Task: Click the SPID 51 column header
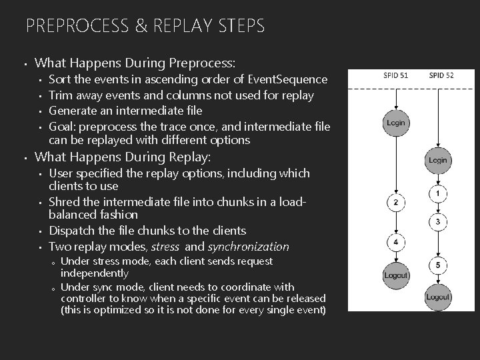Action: tap(396, 75)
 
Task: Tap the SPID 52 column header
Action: tap(441, 75)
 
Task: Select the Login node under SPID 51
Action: tap(396, 123)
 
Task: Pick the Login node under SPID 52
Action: tap(438, 161)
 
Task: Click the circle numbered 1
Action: tap(437, 194)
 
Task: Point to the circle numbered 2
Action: tap(396, 203)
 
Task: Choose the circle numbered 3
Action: tap(437, 221)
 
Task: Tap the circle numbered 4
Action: tap(396, 241)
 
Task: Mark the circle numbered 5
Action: tap(437, 266)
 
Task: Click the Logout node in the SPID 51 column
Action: tap(396, 275)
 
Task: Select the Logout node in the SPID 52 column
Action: tap(437, 297)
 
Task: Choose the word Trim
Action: tap(61, 95)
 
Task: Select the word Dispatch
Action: tap(72, 231)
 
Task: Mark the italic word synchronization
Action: tap(249, 247)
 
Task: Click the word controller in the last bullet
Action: tap(85, 298)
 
